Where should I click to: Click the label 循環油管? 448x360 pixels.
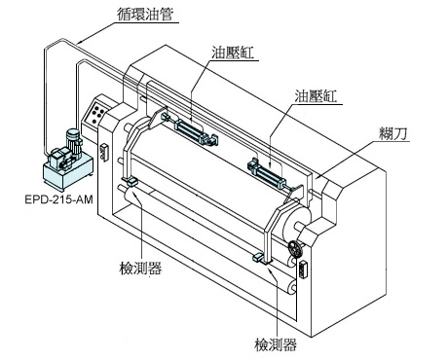(x=145, y=14)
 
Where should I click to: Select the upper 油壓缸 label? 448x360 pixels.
(x=233, y=53)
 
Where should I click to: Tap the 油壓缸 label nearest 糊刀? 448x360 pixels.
(x=316, y=96)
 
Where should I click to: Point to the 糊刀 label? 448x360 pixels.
(x=393, y=133)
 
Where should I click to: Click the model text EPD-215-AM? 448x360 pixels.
(x=58, y=199)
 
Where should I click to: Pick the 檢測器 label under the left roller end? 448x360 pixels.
(x=140, y=268)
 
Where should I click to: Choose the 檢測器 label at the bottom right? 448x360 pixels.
(x=276, y=344)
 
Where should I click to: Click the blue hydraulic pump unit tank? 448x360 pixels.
(x=67, y=173)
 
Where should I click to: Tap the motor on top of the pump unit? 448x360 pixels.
(x=74, y=142)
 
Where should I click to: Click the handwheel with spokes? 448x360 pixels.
(x=295, y=249)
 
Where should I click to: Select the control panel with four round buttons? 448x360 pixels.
(x=97, y=112)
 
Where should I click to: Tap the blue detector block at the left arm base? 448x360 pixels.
(x=131, y=181)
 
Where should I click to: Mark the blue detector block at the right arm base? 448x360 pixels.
(x=258, y=257)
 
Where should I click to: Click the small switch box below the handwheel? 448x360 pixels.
(x=304, y=269)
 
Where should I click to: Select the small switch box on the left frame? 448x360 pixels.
(x=104, y=152)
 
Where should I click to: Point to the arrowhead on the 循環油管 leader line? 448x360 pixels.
(x=80, y=42)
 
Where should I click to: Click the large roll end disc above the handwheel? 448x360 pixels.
(x=296, y=219)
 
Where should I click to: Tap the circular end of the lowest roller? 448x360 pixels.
(x=292, y=288)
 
